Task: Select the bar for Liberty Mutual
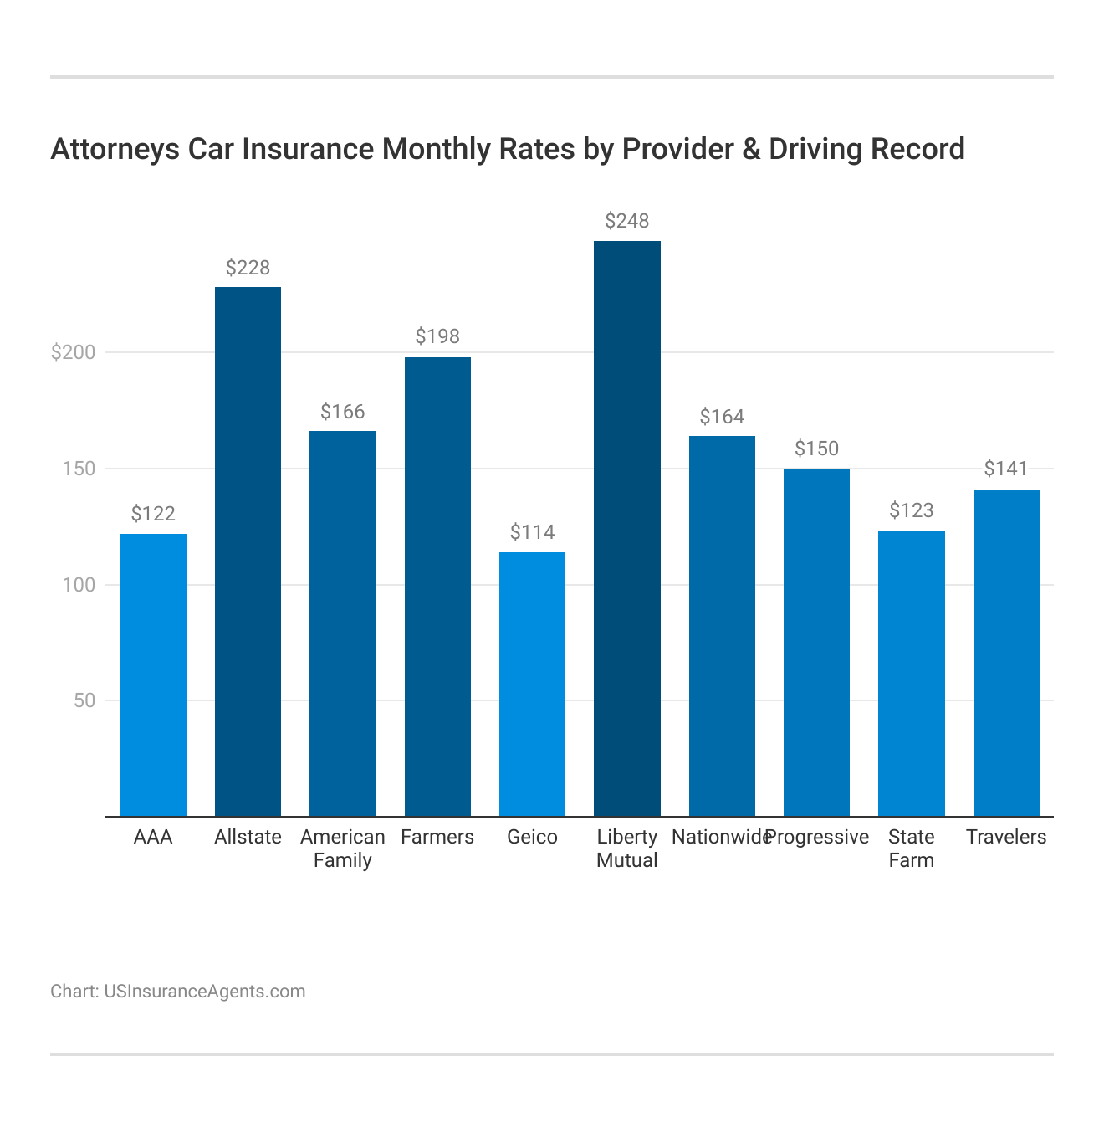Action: click(627, 527)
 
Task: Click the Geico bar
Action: click(532, 684)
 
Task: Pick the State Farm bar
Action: click(912, 674)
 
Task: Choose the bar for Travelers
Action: click(1006, 653)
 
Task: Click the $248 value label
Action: click(627, 221)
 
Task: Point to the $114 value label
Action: click(532, 532)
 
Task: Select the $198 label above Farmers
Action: click(437, 336)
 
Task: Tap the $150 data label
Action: click(816, 449)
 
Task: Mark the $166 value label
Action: click(343, 412)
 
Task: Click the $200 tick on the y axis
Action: click(74, 352)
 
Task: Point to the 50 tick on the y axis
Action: click(84, 700)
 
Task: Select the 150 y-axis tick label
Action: click(79, 469)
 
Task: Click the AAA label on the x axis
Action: click(153, 837)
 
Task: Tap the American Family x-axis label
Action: click(343, 849)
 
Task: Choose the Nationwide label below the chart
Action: click(719, 837)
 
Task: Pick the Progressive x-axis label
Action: click(818, 837)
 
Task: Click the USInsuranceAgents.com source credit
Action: click(205, 992)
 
